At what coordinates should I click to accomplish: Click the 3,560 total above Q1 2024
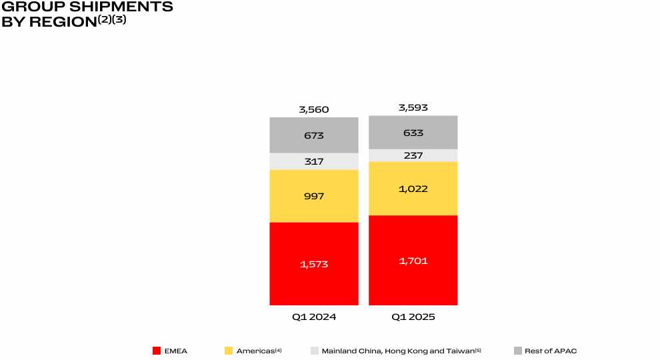pos(314,110)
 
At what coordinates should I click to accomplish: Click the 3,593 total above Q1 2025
pos(413,107)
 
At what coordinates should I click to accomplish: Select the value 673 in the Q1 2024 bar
pos(314,135)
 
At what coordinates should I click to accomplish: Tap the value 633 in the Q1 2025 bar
pos(413,133)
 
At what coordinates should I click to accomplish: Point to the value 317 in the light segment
pos(314,161)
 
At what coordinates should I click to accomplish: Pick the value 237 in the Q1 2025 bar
pos(413,155)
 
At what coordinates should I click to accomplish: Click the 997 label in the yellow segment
pos(314,196)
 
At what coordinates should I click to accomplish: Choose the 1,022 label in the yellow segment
pos(413,189)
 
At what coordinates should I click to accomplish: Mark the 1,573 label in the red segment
pos(314,264)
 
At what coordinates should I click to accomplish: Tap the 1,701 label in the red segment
pos(413,261)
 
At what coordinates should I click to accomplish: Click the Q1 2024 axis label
pos(314,317)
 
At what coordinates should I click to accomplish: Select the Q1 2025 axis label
pos(413,317)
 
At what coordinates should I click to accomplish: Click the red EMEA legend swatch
pos(157,351)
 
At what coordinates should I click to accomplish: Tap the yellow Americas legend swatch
pos(229,351)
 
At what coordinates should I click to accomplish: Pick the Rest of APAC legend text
pos(550,351)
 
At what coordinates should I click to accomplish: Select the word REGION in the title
pos(59,21)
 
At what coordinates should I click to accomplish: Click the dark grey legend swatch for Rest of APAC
pos(518,351)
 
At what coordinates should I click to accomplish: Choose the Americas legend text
pos(257,351)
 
